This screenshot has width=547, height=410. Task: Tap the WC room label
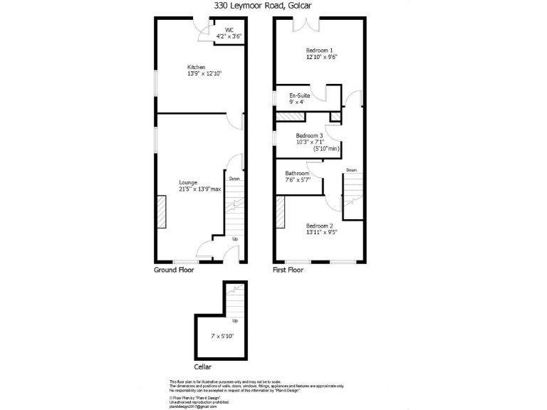click(230, 30)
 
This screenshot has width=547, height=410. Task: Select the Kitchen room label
click(197, 67)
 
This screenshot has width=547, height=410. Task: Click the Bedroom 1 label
click(321, 50)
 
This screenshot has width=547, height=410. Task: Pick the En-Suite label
click(300, 95)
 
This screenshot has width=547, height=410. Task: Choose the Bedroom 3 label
click(310, 135)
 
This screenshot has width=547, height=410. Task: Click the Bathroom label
click(298, 174)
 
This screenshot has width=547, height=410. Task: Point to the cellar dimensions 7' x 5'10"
click(222, 335)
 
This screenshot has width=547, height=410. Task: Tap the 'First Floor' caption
click(288, 270)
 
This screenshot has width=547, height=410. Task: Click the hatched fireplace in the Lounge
click(162, 212)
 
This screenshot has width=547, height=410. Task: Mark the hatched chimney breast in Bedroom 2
click(280, 213)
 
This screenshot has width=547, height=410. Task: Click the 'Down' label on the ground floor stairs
click(234, 179)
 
